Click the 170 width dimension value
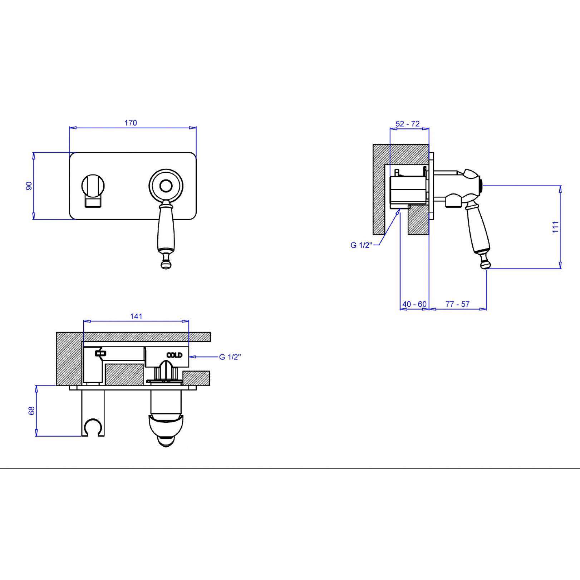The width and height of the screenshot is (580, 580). [x=131, y=123]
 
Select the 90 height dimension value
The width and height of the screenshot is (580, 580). [x=29, y=186]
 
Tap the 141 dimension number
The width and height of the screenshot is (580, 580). [x=136, y=316]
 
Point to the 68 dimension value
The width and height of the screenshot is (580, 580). [x=32, y=411]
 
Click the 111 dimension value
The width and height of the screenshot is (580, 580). [x=555, y=227]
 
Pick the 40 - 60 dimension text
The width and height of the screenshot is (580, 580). [x=414, y=304]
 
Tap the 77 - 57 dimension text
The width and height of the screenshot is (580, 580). [x=458, y=304]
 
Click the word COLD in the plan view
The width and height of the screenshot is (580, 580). [x=175, y=355]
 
